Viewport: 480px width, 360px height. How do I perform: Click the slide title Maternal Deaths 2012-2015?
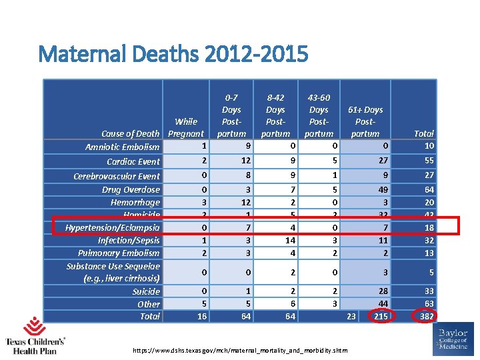click(173, 53)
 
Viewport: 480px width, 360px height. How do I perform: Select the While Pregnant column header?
click(186, 127)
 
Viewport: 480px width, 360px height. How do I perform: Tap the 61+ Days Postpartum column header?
click(365, 121)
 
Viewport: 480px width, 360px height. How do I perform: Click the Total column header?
click(423, 133)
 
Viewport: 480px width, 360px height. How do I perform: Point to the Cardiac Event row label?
click(133, 161)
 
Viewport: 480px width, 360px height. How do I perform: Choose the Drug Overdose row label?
click(131, 189)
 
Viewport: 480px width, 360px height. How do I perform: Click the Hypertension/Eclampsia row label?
click(113, 227)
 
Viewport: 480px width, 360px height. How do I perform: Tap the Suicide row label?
click(146, 291)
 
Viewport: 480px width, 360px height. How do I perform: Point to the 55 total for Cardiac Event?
click(428, 161)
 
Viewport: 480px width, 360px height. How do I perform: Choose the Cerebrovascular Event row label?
click(117, 176)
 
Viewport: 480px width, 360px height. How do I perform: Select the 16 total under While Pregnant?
click(201, 317)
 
